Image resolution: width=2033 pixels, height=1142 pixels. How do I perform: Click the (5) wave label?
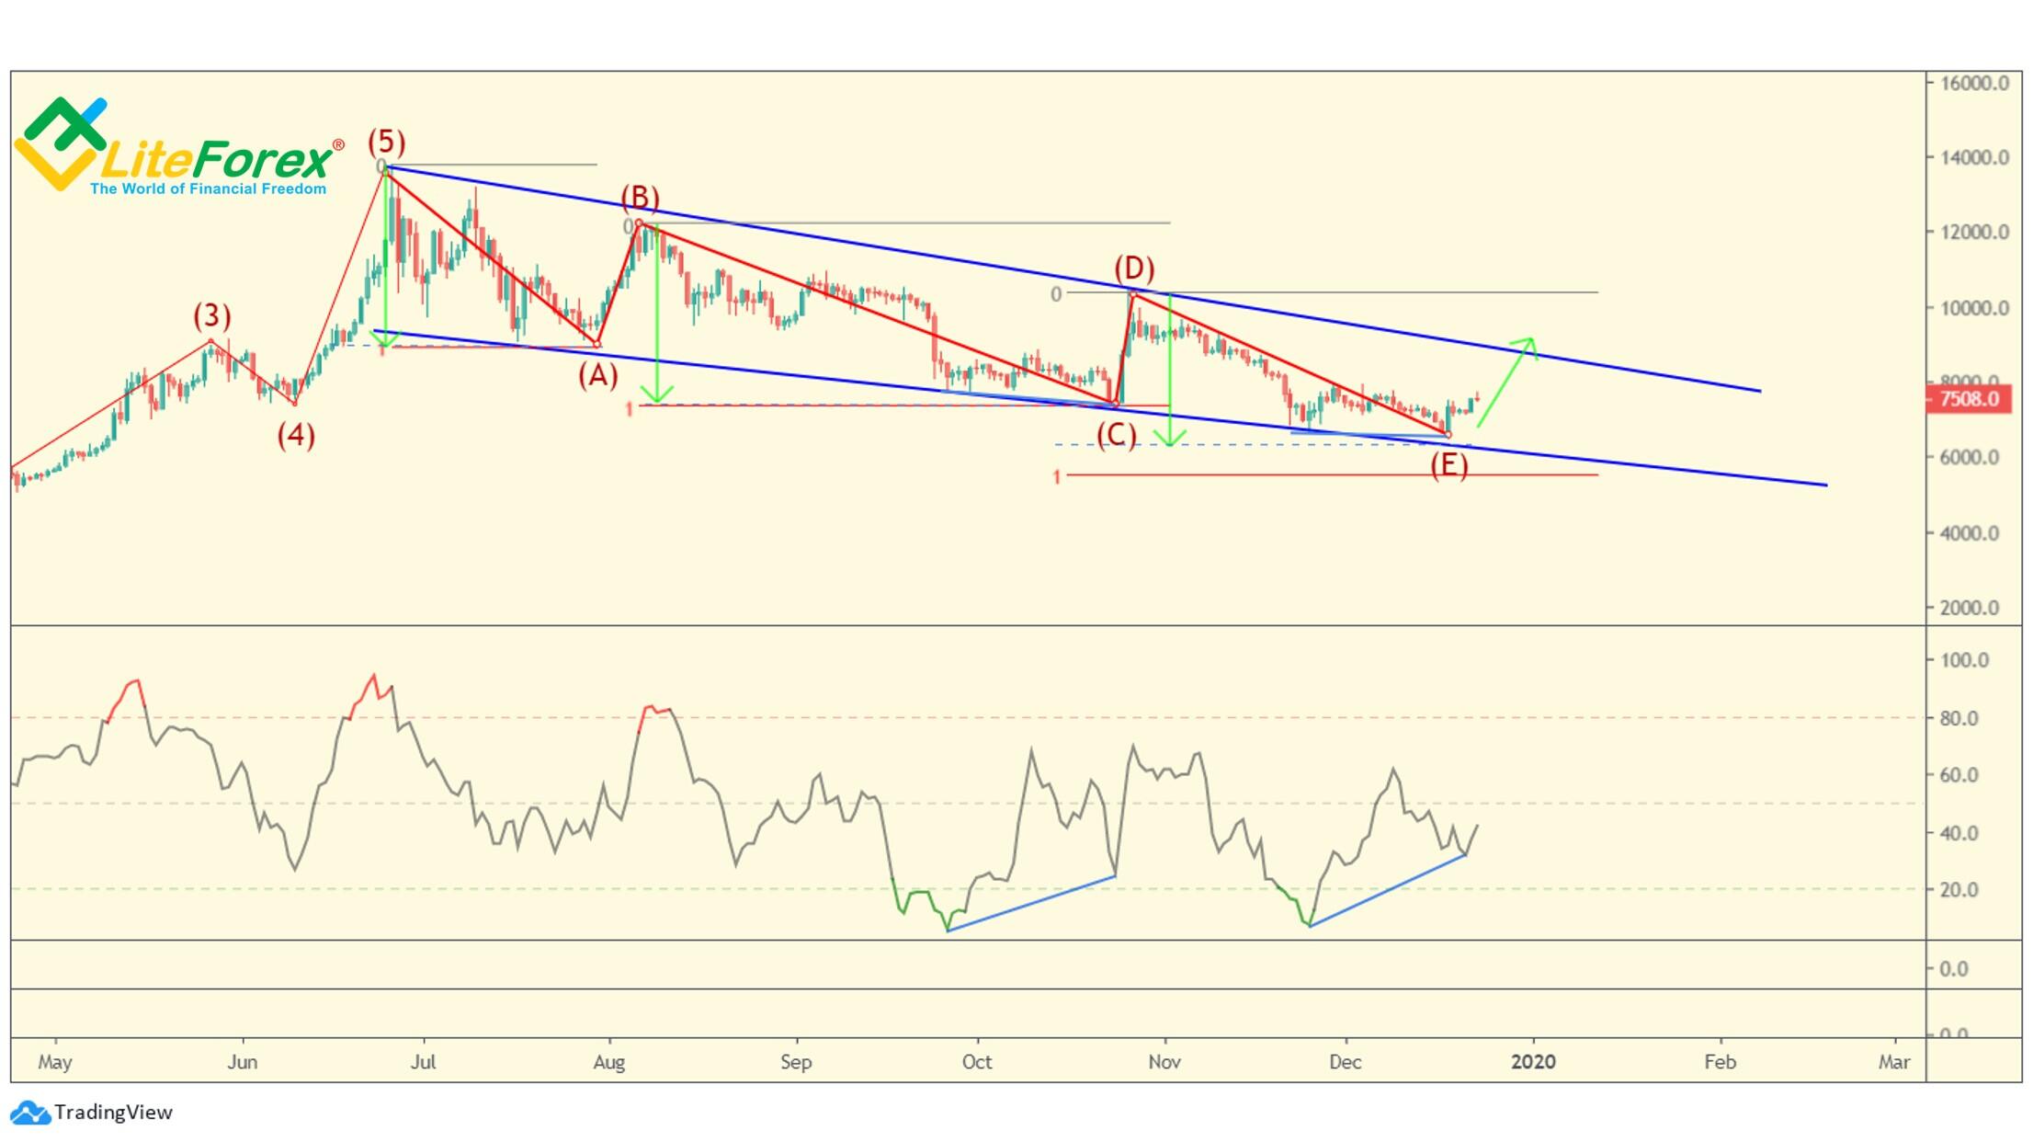[386, 142]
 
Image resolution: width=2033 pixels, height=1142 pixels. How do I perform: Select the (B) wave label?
[640, 197]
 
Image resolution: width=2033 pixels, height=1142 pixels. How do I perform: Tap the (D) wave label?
[1134, 268]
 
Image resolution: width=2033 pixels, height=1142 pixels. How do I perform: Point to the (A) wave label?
[597, 375]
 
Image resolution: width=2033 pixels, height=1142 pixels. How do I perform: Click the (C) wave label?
[1116, 434]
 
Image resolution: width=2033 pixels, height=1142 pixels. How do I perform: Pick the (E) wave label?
[1448, 464]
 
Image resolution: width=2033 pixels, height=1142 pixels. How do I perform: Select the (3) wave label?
[211, 315]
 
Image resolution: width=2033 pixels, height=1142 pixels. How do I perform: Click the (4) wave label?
[296, 435]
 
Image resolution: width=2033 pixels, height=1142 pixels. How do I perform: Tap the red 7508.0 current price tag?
[1968, 399]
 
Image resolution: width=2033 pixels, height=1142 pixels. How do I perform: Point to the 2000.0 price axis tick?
[1969, 608]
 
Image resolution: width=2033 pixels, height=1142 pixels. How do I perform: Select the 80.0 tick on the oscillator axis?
[1959, 718]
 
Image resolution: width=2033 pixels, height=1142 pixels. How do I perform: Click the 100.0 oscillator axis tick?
[1963, 660]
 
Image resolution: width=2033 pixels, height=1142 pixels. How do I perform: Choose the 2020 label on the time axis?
[1533, 1062]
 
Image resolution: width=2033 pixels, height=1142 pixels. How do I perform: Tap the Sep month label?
[796, 1062]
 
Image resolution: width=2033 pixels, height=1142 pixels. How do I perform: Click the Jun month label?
[242, 1062]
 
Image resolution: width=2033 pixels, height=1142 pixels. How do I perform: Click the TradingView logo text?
[112, 1113]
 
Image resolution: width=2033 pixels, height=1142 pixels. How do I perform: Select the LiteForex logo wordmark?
[216, 160]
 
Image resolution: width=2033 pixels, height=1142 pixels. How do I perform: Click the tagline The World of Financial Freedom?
[208, 189]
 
